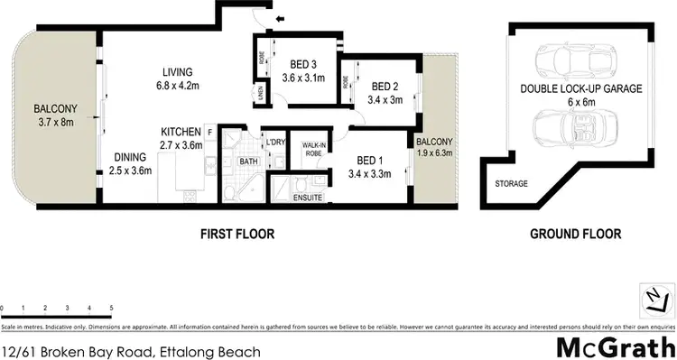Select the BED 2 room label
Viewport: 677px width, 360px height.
coord(385,87)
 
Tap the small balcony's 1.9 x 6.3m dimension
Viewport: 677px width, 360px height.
coord(434,153)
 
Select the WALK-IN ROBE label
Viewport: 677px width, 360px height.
coord(314,149)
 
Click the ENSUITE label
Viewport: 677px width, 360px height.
coord(308,196)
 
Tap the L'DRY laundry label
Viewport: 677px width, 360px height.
coord(274,142)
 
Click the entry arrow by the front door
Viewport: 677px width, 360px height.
coord(279,17)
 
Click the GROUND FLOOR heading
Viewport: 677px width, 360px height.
coord(574,234)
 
